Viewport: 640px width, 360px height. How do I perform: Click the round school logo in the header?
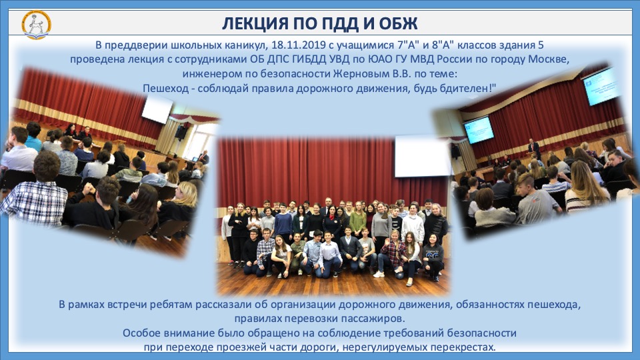point(36,25)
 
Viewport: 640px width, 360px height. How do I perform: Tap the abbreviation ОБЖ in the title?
point(399,24)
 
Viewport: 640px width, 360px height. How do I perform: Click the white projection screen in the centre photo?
point(421,156)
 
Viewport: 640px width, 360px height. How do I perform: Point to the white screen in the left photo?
point(157,109)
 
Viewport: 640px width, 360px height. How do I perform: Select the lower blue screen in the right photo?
point(479,130)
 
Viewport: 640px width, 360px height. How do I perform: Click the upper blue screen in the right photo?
point(601,86)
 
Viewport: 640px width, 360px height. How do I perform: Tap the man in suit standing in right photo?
point(533,149)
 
